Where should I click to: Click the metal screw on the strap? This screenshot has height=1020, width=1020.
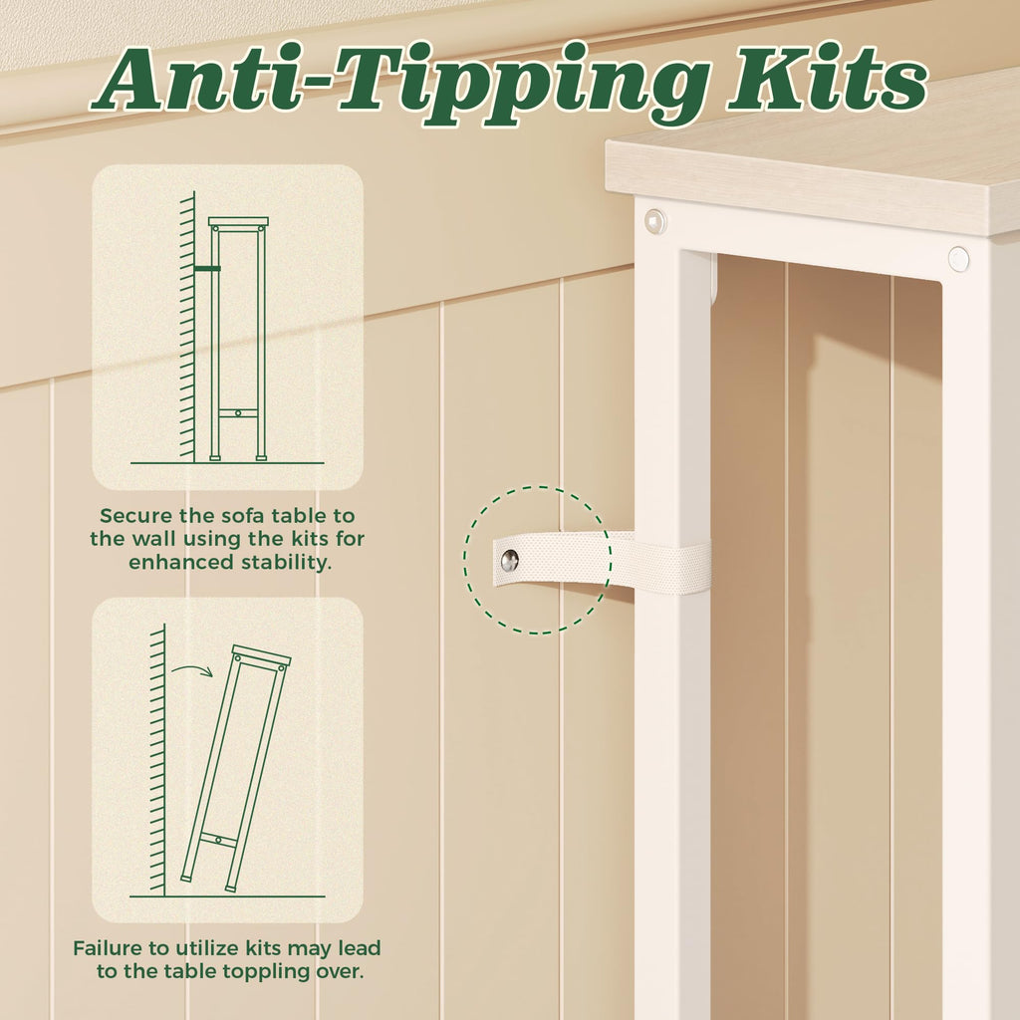[509, 560]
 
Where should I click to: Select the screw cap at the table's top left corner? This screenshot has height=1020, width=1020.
[655, 222]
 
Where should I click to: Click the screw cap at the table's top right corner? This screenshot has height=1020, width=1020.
[958, 259]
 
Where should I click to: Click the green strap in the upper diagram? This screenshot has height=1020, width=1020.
[207, 268]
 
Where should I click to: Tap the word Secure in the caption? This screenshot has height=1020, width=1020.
[135, 516]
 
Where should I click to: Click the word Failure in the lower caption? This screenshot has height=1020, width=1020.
[111, 948]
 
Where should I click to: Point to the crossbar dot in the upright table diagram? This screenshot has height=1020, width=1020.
[239, 413]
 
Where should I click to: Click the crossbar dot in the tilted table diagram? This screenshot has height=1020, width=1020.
[218, 841]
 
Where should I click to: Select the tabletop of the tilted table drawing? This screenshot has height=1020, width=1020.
[261, 654]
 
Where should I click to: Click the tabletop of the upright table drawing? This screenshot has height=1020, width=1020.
[238, 222]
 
